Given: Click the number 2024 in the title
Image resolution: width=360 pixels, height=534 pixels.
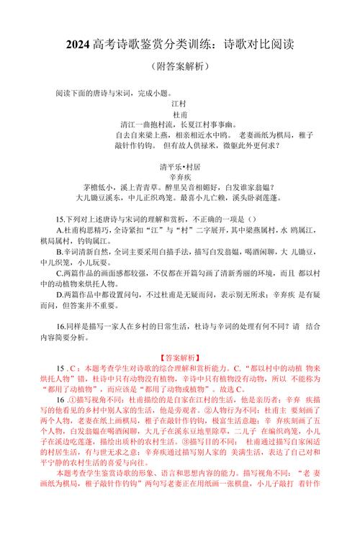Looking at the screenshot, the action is point(76,45).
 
